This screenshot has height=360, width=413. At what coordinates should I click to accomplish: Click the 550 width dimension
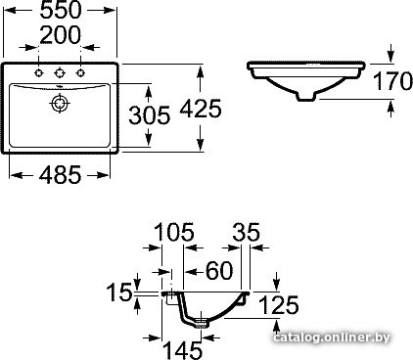pyautogui.click(x=61, y=10)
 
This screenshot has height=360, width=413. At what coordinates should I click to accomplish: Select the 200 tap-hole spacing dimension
pyautogui.click(x=61, y=35)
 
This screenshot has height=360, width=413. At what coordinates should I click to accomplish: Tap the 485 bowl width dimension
pyautogui.click(x=60, y=175)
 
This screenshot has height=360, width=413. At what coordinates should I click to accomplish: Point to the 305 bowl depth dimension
pyautogui.click(x=150, y=114)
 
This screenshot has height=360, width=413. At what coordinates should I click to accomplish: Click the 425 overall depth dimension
pyautogui.click(x=201, y=109)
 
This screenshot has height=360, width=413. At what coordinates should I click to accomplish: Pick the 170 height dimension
pyautogui.click(x=392, y=81)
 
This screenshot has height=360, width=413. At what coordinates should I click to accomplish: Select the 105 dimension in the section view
pyautogui.click(x=174, y=232)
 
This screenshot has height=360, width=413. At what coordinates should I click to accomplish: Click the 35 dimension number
pyautogui.click(x=247, y=232)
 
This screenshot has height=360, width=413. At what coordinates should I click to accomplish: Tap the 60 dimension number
pyautogui.click(x=219, y=270)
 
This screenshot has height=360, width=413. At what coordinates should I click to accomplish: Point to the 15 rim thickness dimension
pyautogui.click(x=119, y=292)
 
